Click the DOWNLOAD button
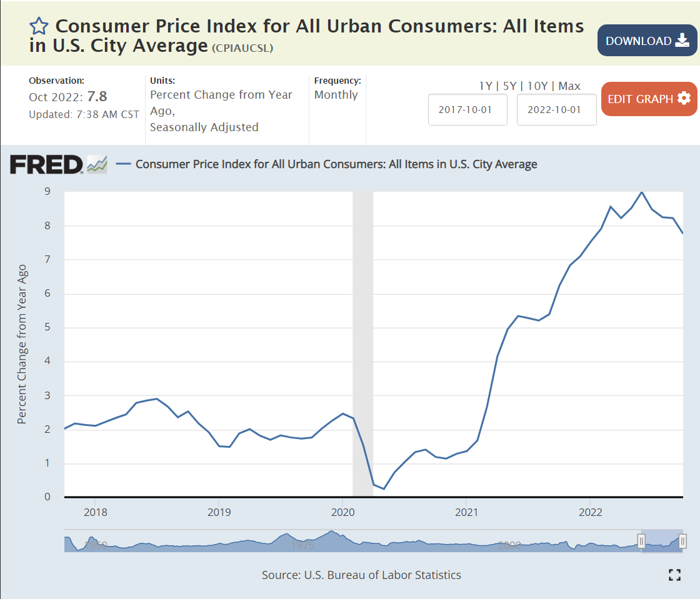(x=647, y=41)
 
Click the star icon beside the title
(x=39, y=26)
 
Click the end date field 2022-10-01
(x=556, y=109)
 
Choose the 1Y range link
(x=486, y=86)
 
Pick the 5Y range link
(x=511, y=86)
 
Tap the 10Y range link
(x=538, y=86)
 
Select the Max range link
(x=569, y=86)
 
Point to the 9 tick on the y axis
(x=47, y=192)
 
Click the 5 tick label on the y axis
(x=47, y=327)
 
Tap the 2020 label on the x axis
(x=342, y=512)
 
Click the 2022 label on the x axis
(x=590, y=512)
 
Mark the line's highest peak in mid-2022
(x=641, y=192)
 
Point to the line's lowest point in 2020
(x=384, y=488)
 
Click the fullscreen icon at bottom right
(x=674, y=575)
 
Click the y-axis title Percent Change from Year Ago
(x=22, y=344)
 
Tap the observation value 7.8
(x=97, y=97)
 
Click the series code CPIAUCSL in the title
(x=242, y=48)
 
